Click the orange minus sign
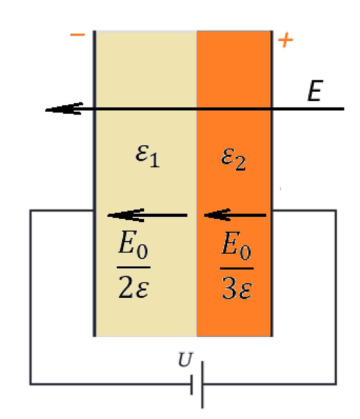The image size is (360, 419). coord(77,34)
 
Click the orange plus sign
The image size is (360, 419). coord(285,41)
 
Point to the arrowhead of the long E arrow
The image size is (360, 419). coord(46,110)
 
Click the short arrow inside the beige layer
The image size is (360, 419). coord(147,215)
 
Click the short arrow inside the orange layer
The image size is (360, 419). coord(235,215)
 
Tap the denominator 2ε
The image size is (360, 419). coord(134,287)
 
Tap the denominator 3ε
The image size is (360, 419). coord(237,288)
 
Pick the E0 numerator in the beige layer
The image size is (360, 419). coord(133,246)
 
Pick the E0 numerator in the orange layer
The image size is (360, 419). coord(236,246)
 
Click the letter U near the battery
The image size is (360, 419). coord(185,360)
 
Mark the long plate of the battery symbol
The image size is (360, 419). coord(202,385)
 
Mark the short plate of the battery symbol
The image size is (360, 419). coord(192,385)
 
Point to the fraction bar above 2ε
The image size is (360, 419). coord(134,267)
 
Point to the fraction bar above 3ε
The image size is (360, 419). coord(237,268)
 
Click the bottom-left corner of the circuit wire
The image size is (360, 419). coord(30,384)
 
